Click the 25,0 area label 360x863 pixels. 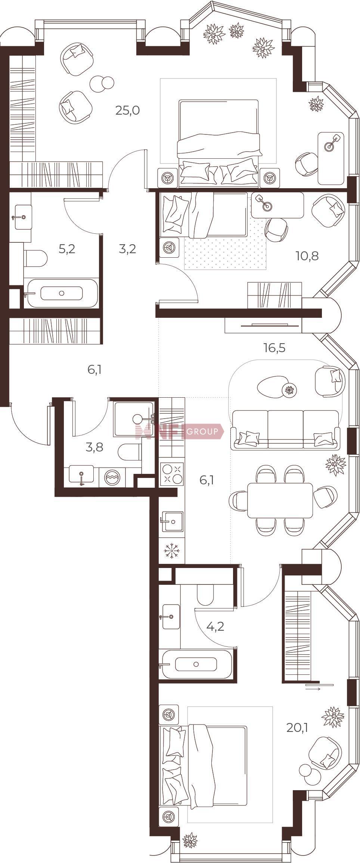point(127,111)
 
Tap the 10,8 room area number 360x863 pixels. point(307,256)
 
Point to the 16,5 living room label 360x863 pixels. point(274,348)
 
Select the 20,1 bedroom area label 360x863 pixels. point(297,727)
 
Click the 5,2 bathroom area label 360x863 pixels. point(67,249)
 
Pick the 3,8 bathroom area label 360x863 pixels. point(94,447)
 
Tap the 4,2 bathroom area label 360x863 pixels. point(215,626)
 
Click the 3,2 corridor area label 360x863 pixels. point(127,249)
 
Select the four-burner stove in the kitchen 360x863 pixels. point(172,474)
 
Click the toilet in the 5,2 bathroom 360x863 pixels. point(35,258)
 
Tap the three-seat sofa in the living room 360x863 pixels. point(285,429)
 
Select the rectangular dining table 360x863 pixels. point(280,500)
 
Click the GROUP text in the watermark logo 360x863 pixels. point(202,432)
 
